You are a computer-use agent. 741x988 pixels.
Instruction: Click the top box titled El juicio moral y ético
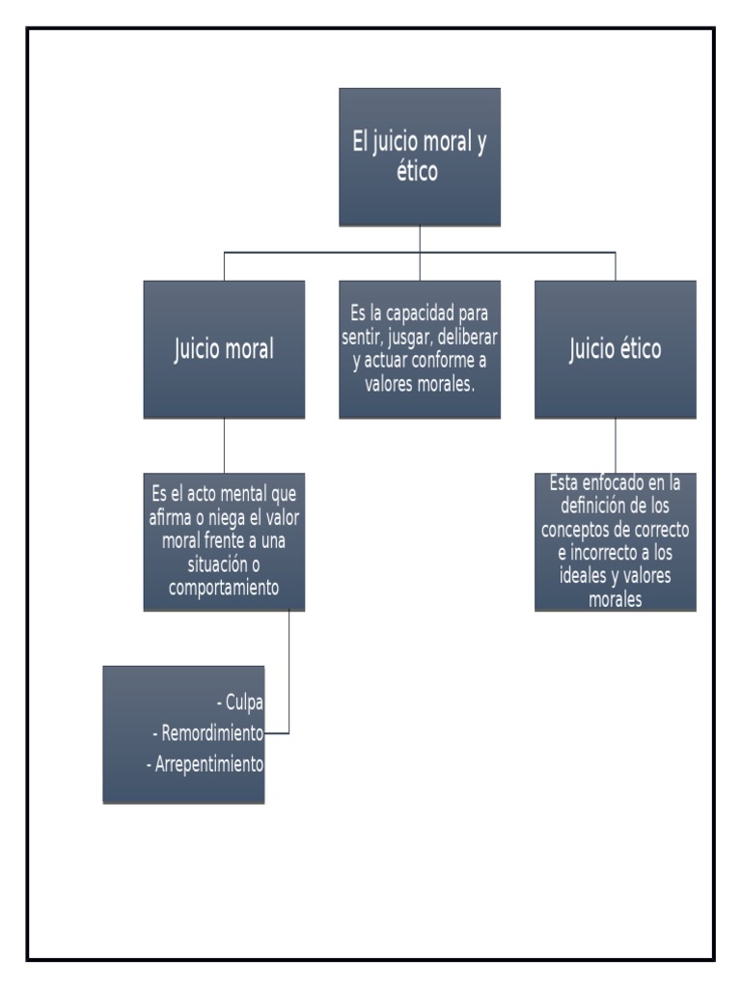click(420, 156)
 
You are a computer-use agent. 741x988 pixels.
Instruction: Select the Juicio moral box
click(224, 348)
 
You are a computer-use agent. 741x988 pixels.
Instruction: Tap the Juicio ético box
click(616, 348)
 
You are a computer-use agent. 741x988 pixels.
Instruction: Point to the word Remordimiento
click(212, 733)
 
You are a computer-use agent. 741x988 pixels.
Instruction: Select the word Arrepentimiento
click(208, 764)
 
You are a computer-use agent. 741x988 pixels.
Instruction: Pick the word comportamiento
click(224, 587)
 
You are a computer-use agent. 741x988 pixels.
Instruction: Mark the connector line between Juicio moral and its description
click(224, 445)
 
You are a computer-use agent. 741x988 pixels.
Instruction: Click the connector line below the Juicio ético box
click(616, 445)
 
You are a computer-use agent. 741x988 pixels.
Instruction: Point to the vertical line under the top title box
click(420, 238)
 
